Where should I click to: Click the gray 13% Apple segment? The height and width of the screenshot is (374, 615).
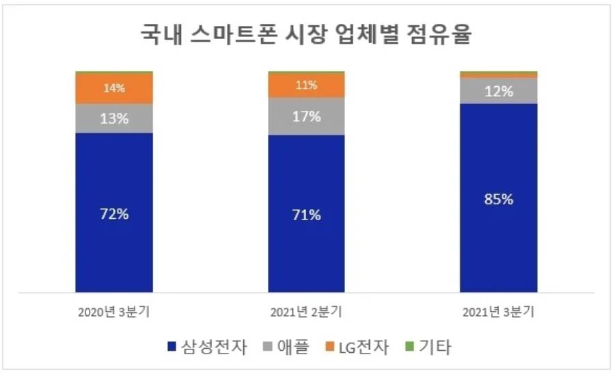point(114,118)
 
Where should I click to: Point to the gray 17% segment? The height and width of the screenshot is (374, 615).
point(307,116)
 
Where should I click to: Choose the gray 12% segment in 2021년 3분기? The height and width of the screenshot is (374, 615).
point(499,91)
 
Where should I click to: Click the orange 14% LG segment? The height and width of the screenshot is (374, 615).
point(114,88)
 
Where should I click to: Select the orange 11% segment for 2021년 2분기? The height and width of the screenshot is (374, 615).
point(307,85)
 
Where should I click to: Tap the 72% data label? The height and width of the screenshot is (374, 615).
point(114,213)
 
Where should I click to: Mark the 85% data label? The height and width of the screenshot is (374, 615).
point(499,200)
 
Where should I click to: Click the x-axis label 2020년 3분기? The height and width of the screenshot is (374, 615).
point(114,312)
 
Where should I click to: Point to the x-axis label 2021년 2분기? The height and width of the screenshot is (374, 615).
point(306,312)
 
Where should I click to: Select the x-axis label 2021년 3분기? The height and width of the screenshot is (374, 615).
point(499,312)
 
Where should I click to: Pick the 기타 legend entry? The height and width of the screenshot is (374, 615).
point(430,347)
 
